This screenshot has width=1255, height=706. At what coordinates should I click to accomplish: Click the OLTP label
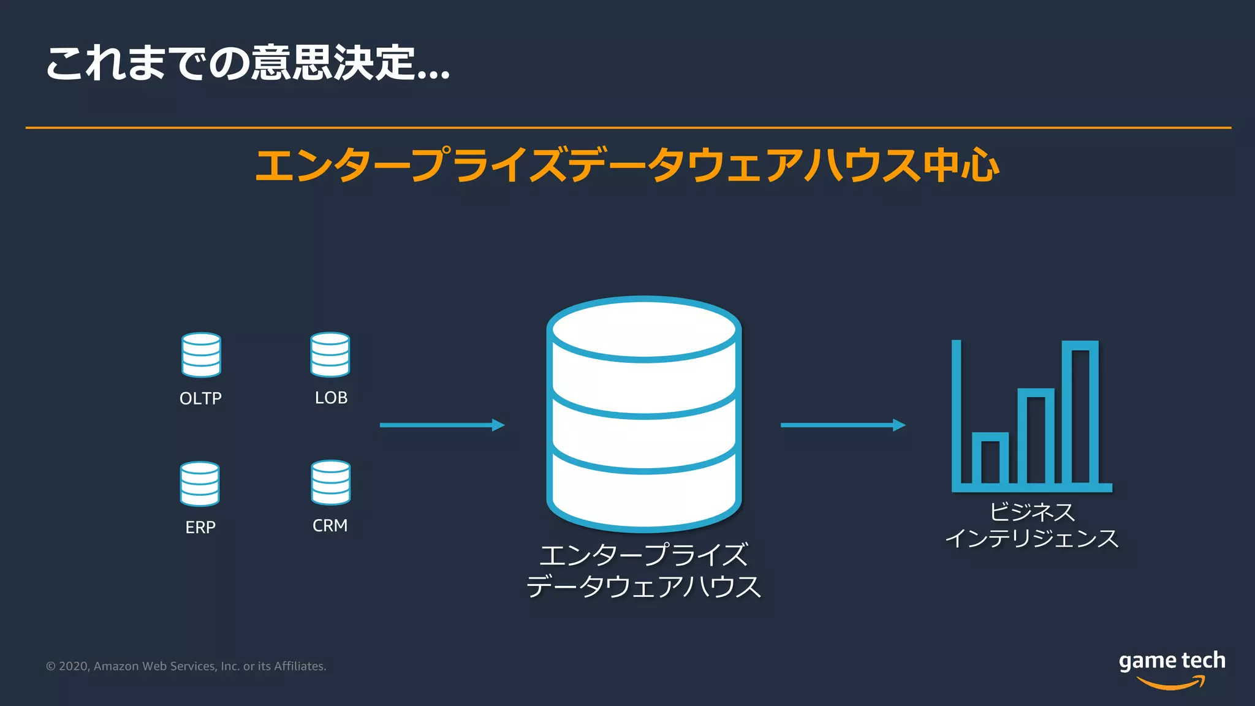[200, 398]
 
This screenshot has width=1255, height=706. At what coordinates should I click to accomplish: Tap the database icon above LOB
[330, 355]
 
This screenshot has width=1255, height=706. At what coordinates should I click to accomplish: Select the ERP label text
[200, 527]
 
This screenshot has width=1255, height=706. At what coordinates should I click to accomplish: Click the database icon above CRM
[330, 483]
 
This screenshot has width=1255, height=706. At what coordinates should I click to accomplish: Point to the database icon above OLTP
[201, 355]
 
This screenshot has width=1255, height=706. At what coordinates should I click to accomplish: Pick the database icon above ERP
[200, 484]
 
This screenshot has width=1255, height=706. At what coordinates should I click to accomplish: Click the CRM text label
[330, 526]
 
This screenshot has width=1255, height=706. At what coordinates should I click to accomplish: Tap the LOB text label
[331, 398]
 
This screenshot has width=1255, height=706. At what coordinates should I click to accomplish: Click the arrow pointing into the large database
[442, 425]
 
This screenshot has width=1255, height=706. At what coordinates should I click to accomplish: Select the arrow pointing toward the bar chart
[843, 425]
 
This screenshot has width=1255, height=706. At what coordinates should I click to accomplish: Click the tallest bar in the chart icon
[1080, 414]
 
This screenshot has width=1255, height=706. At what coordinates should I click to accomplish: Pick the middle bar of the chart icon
[1036, 436]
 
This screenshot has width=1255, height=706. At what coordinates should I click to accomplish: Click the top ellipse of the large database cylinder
[644, 329]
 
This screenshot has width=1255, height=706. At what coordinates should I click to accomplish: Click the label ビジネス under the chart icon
[1032, 512]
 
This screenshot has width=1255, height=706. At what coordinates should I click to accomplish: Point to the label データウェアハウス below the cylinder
[643, 586]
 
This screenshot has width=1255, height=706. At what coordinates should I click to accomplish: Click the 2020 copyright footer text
[186, 666]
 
